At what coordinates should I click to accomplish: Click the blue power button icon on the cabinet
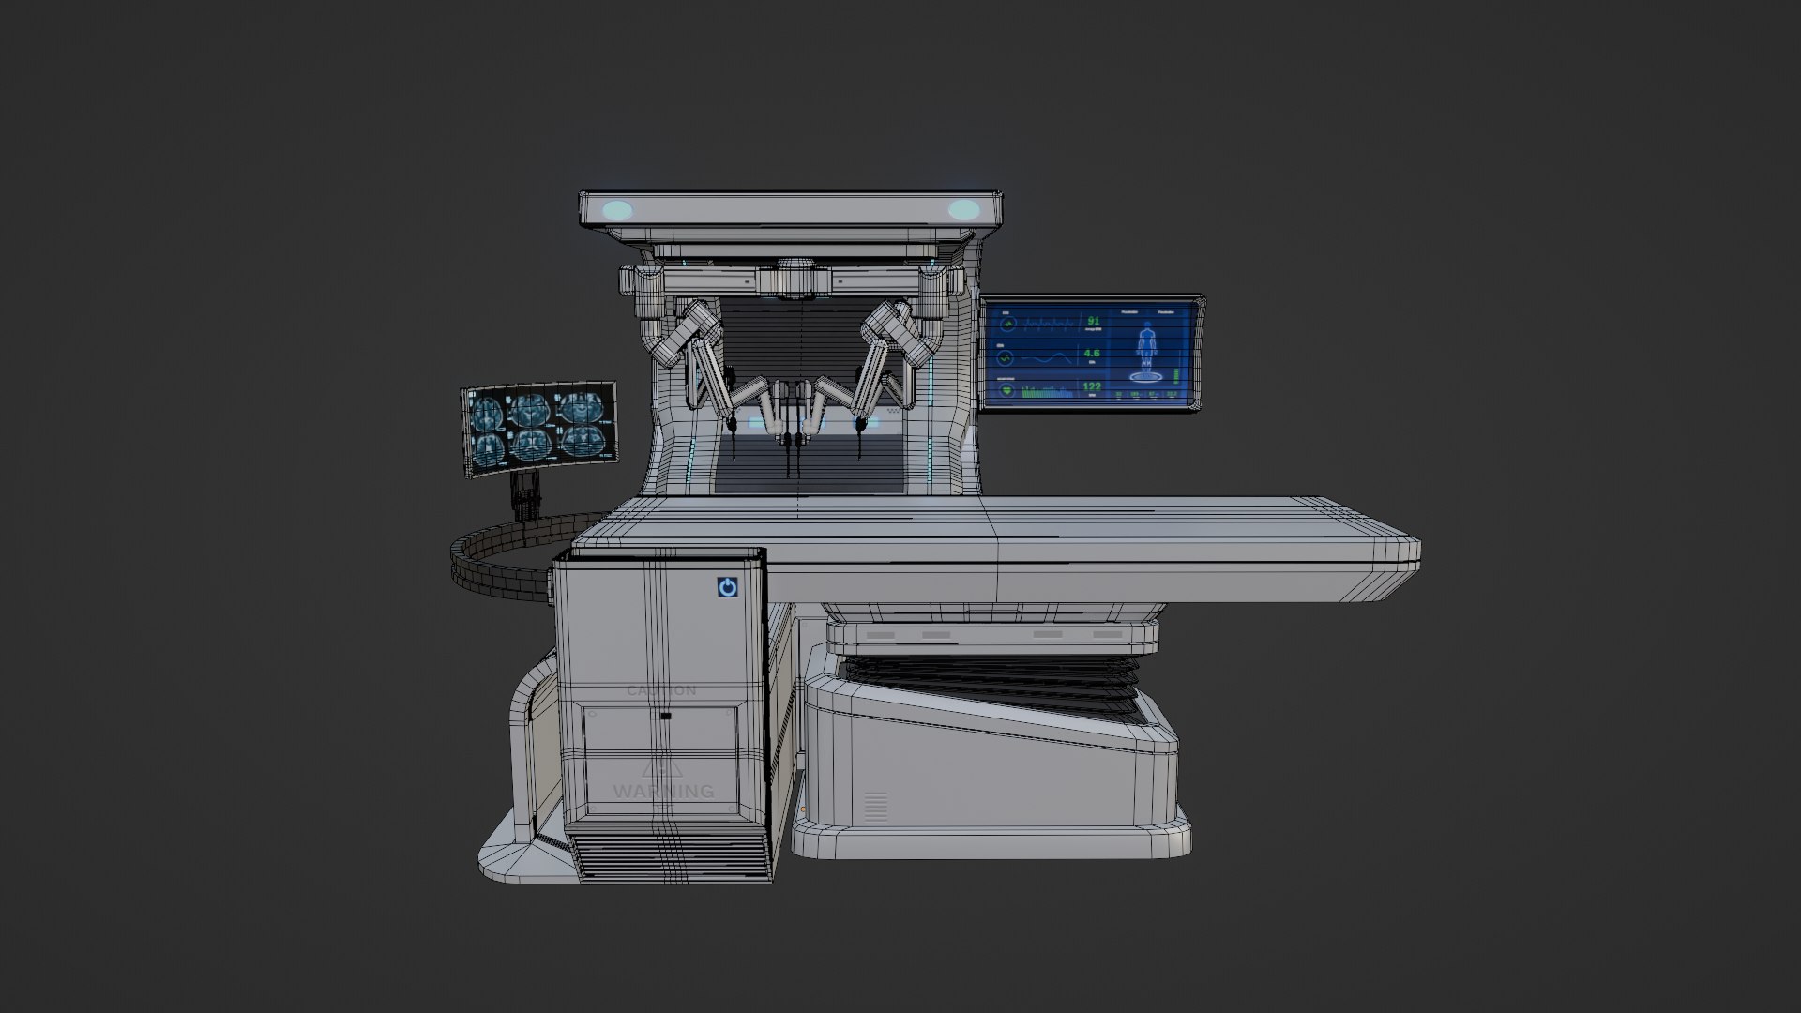coord(727,588)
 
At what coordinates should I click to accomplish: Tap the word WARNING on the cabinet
coord(663,792)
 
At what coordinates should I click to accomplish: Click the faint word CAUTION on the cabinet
coord(661,691)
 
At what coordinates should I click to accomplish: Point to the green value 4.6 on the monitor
coord(1092,355)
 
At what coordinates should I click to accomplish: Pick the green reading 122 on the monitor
coord(1092,386)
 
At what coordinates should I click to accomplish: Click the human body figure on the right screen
coord(1145,350)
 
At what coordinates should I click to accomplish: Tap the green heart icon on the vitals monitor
coord(1006,390)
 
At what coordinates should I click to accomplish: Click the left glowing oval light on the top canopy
coord(617,210)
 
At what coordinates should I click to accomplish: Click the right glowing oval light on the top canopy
coord(962,210)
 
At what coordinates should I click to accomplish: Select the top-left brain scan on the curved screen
coord(488,410)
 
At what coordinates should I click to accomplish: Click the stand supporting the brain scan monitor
coord(526,493)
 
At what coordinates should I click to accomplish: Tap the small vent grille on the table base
coord(874,808)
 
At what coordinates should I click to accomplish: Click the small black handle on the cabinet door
coord(665,717)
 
